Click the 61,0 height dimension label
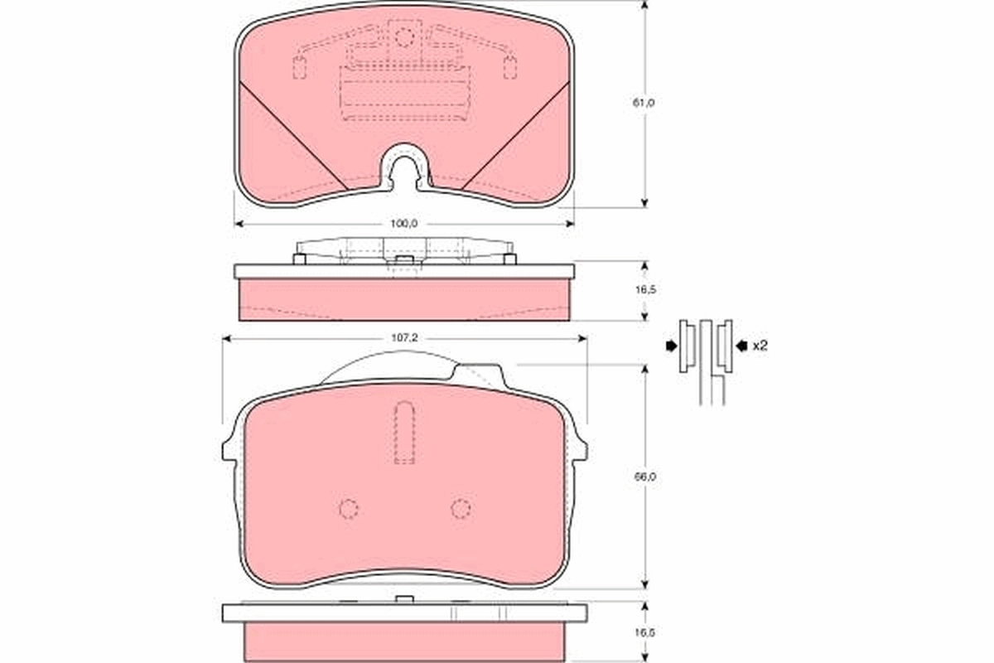[644, 103]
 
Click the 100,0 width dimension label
[404, 224]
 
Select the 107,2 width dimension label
[404, 339]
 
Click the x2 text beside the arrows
[760, 346]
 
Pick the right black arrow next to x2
[741, 346]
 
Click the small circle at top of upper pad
[404, 36]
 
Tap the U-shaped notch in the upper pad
[404, 166]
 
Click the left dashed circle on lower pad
[349, 508]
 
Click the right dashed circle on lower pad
[461, 508]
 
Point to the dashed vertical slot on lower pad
[404, 433]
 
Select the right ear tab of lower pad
[580, 448]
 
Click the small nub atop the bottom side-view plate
[404, 599]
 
